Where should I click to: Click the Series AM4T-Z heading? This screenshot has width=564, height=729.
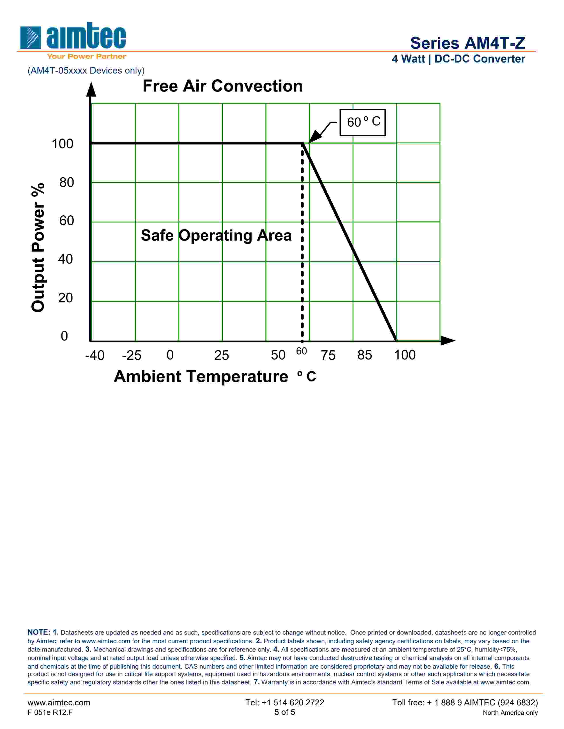coord(467,43)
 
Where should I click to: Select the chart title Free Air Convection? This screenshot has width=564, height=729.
coord(223,86)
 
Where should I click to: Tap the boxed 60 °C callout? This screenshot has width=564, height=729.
coord(363,122)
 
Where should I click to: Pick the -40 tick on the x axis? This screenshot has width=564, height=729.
coord(95,355)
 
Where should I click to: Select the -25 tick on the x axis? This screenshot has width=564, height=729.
coord(132,355)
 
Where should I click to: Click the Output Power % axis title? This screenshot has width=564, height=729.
coord(38,247)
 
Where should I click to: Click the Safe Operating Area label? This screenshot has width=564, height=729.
coord(216,235)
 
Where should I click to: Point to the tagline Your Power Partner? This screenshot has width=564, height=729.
coord(86,56)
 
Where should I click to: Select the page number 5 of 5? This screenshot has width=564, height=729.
coord(285,712)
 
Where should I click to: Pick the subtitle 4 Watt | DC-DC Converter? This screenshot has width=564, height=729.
coord(458,59)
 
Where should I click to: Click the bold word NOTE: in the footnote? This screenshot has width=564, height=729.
coord(39,632)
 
